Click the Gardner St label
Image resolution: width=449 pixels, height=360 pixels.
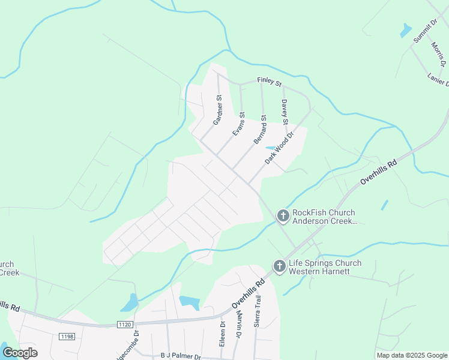pos(217,110)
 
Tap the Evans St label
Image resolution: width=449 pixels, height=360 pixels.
pos(239,124)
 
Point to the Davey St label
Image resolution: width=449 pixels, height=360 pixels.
pos(285,113)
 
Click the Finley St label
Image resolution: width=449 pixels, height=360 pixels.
pos(269,80)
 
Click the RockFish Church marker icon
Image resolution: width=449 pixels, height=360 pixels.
pos(283,215)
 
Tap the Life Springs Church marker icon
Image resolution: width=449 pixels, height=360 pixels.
pos(279,266)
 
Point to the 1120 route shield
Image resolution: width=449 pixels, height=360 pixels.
pos(125,325)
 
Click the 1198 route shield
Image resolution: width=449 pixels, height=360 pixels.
pos(67,337)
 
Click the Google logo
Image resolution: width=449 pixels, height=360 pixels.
pos(19,352)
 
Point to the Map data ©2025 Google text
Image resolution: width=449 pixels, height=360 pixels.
pos(411,355)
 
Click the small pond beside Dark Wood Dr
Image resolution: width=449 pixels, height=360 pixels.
pos(270,148)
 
